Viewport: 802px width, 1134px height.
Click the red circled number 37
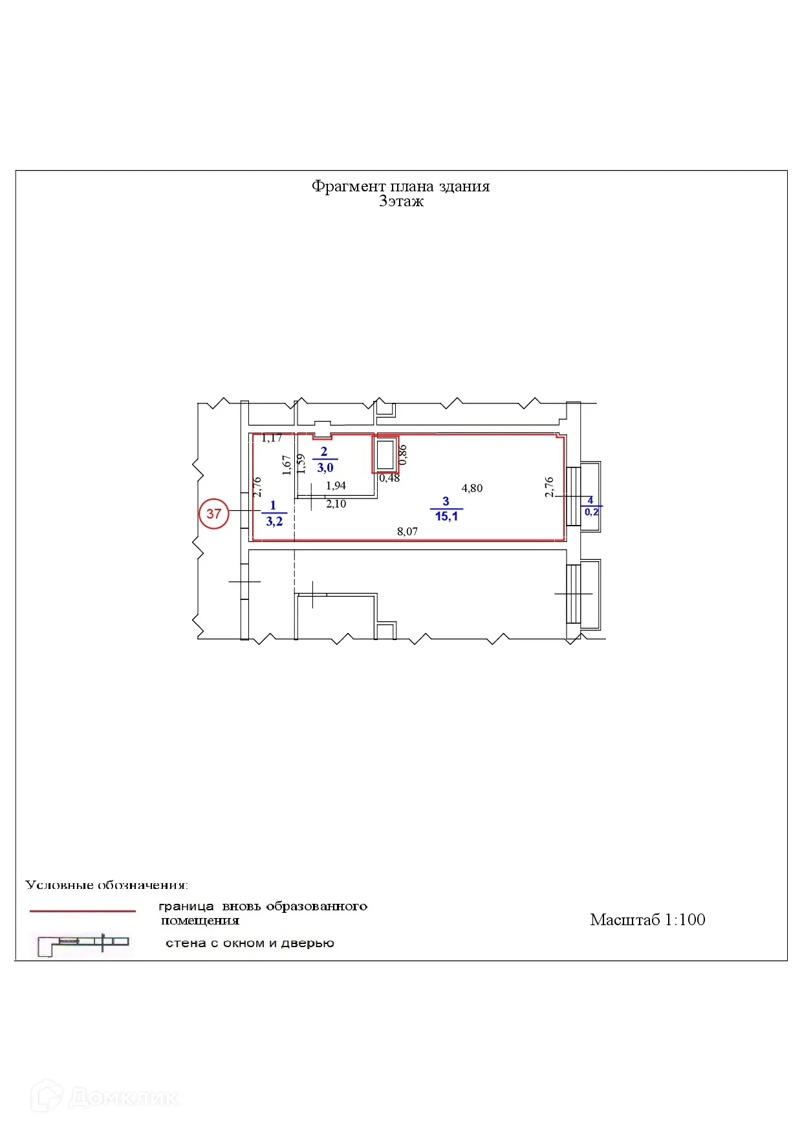(213, 513)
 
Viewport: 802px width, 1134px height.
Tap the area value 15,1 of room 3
(446, 517)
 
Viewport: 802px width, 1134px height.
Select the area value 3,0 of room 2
(325, 467)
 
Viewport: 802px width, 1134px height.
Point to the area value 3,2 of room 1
(274, 521)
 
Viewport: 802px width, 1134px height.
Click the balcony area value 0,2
(592, 512)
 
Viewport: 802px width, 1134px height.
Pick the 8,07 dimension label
(407, 531)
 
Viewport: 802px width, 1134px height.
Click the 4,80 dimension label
(472, 488)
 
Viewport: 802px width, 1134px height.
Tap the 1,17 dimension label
(272, 438)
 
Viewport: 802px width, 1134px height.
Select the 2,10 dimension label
(336, 504)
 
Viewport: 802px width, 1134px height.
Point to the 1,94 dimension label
(336, 486)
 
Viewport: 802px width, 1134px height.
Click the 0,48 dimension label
(389, 478)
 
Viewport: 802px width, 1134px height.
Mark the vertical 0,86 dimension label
(403, 455)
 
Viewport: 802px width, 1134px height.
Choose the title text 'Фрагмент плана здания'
(400, 186)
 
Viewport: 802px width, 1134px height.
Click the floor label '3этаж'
(401, 201)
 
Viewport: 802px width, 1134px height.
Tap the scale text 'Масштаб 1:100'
(647, 919)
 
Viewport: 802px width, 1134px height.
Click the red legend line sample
(83, 911)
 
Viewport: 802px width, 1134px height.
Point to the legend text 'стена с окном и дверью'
(250, 943)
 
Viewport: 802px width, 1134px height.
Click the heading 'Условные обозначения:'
(107, 884)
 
